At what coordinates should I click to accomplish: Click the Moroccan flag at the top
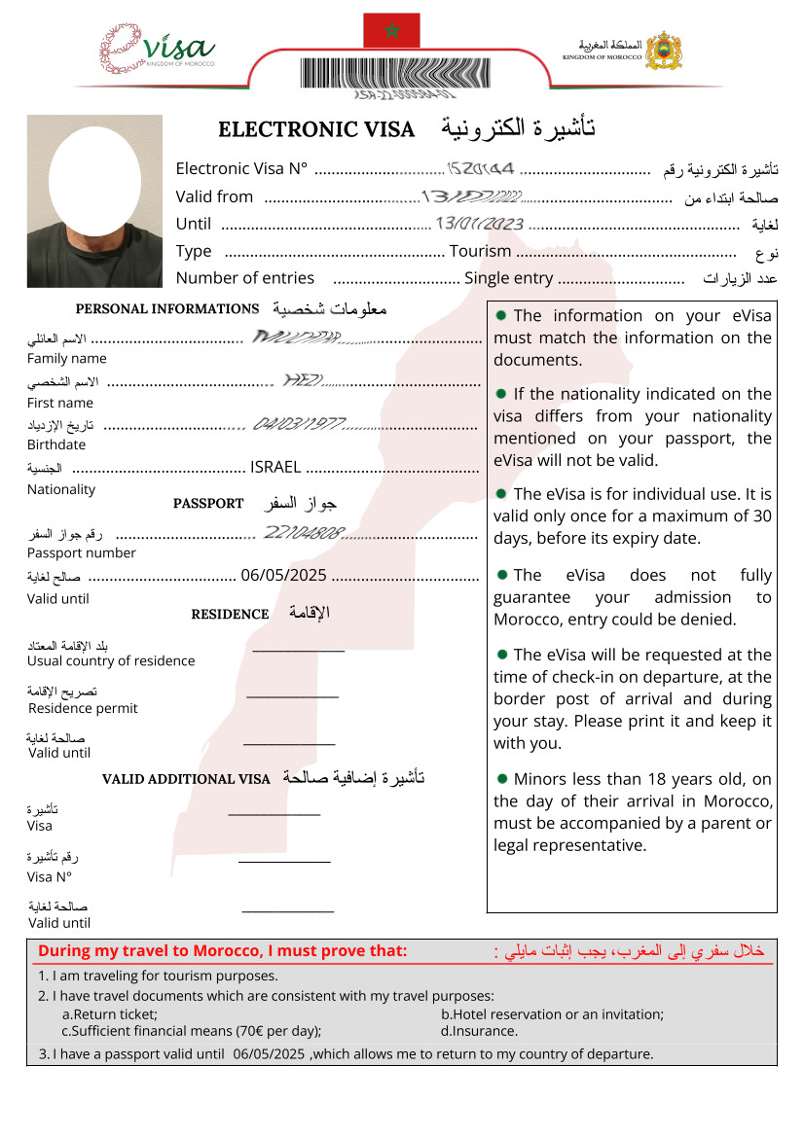tap(391, 30)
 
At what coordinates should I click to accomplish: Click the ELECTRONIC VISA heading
tap(316, 129)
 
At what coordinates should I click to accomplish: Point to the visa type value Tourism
tap(480, 251)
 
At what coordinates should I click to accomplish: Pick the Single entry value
tap(508, 278)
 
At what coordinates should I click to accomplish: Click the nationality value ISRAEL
tap(275, 467)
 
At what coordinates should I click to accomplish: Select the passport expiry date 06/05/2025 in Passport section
tap(282, 575)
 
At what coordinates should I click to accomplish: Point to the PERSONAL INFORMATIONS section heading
tap(166, 309)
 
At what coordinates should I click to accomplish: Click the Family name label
tap(67, 358)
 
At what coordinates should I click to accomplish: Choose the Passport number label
tap(82, 552)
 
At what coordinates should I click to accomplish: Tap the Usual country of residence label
tap(111, 660)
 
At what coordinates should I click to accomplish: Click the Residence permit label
tap(83, 708)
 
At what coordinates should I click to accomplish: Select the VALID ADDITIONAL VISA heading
tap(186, 779)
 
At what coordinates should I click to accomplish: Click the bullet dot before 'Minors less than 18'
tap(501, 778)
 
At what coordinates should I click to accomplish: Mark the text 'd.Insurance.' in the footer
tap(479, 1031)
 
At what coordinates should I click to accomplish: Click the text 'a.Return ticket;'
tap(109, 1013)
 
